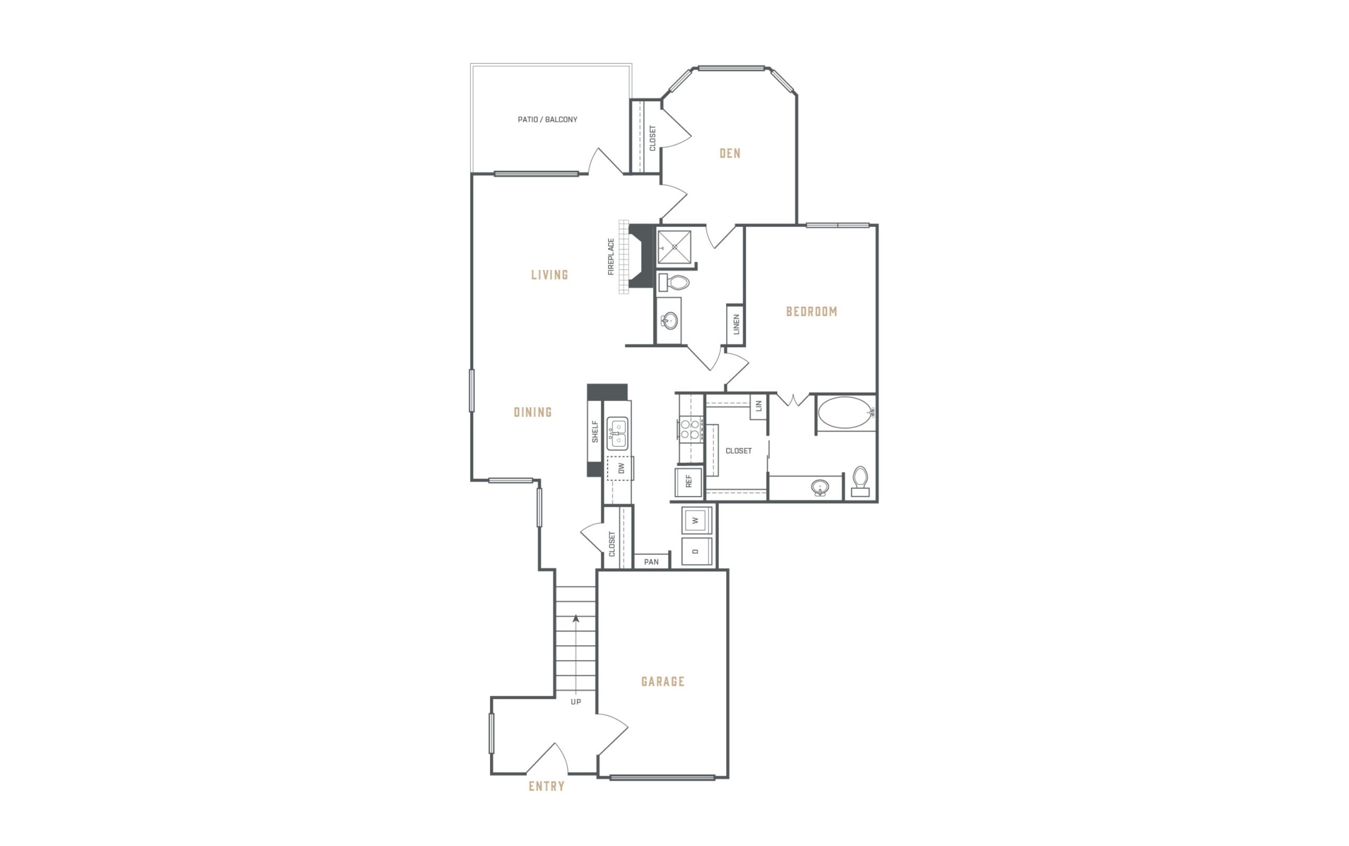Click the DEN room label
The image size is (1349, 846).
[730, 153]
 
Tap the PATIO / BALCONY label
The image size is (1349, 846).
[548, 119]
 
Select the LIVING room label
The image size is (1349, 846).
[550, 275]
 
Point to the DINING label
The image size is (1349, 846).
[533, 412]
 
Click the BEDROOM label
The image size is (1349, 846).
[812, 312]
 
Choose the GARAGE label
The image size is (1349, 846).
[663, 682]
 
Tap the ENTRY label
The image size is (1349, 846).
[546, 786]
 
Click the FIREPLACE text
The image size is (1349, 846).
[611, 257]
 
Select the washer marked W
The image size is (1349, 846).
[696, 520]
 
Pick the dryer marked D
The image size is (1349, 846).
[696, 552]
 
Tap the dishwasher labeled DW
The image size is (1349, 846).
[620, 468]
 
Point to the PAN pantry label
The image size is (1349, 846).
[651, 562]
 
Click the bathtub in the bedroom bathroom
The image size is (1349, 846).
[845, 413]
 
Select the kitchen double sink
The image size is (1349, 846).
[618, 434]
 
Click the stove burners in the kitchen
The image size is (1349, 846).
[690, 429]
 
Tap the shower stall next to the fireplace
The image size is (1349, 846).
[674, 247]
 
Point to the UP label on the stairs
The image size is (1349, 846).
[575, 702]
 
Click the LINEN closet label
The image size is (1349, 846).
[736, 325]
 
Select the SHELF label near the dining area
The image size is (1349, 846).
[594, 432]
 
